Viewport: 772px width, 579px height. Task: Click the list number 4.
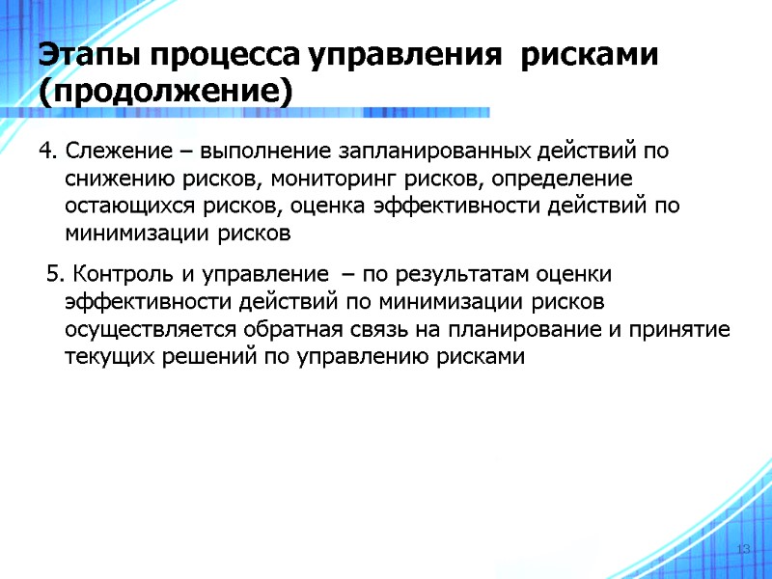(47, 152)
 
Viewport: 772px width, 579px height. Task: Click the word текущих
(103, 357)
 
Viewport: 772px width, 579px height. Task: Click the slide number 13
(743, 549)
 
